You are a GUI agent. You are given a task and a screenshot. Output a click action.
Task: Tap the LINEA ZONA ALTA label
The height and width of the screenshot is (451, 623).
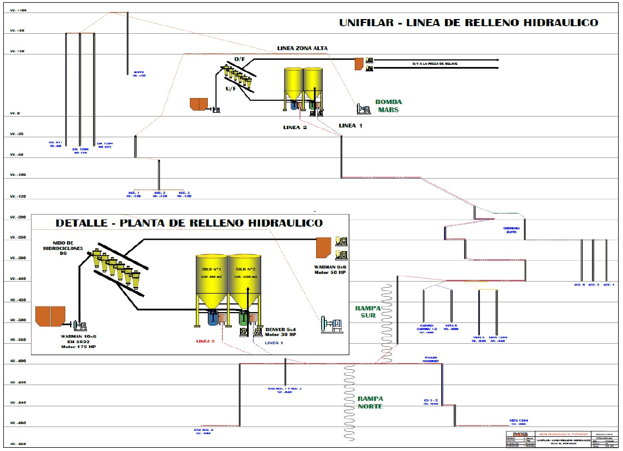click(x=303, y=48)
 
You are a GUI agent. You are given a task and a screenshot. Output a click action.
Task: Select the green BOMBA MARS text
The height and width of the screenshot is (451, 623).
click(x=388, y=106)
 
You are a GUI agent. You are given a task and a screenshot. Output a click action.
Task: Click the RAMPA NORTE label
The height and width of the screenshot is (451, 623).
click(x=370, y=403)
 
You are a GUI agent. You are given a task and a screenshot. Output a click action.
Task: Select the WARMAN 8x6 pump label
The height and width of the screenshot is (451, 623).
click(x=330, y=270)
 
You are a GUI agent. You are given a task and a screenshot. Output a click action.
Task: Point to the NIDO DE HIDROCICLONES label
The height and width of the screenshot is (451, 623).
click(x=63, y=247)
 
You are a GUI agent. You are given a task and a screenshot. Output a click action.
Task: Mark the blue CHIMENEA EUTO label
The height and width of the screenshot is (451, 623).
click(x=511, y=230)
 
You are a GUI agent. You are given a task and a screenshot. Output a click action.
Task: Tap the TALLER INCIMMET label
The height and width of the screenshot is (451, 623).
click(x=431, y=359)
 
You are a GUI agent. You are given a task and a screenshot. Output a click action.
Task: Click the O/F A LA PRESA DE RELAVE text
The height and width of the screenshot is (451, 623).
click(x=434, y=64)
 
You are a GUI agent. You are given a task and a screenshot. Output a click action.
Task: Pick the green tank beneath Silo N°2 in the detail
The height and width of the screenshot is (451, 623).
click(x=244, y=318)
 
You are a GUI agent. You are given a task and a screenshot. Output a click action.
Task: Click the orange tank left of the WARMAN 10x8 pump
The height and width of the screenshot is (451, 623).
click(x=50, y=316)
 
